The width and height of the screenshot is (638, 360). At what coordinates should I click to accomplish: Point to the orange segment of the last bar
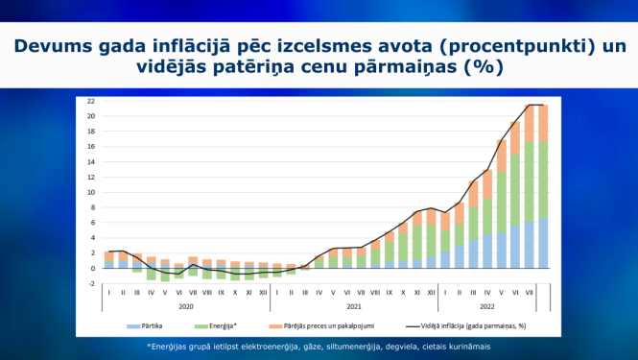click(542, 123)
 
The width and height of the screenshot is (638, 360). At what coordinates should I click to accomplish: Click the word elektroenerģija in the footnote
click(272, 346)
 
